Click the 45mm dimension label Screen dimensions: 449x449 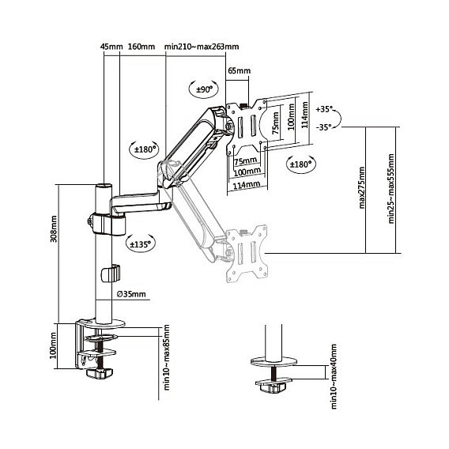111,47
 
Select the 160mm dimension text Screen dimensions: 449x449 141,47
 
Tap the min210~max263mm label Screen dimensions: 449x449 202,47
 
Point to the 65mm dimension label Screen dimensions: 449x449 239,70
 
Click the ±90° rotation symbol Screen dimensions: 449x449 204,89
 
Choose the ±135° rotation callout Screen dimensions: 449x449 141,244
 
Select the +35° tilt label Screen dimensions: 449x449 324,109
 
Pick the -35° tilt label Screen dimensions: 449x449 324,126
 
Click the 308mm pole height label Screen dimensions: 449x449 54,229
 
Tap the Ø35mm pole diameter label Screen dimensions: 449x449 131,294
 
